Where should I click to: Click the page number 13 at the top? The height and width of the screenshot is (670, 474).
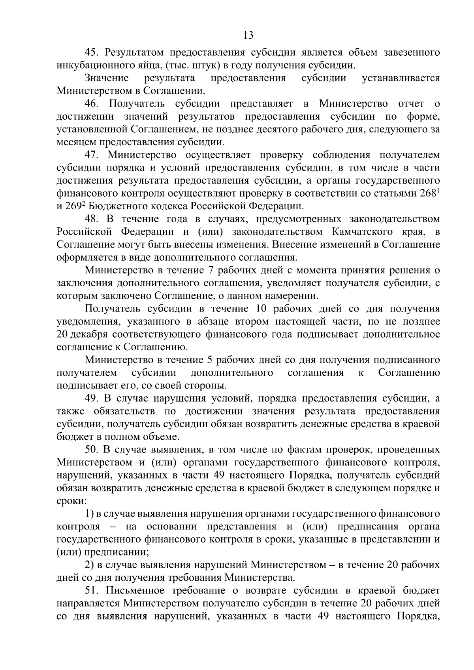[x=248, y=36]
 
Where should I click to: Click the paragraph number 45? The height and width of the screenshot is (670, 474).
[x=93, y=53]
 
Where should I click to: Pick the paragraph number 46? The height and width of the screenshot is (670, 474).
[x=93, y=104]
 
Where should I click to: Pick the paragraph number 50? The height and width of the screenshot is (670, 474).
[x=93, y=450]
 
